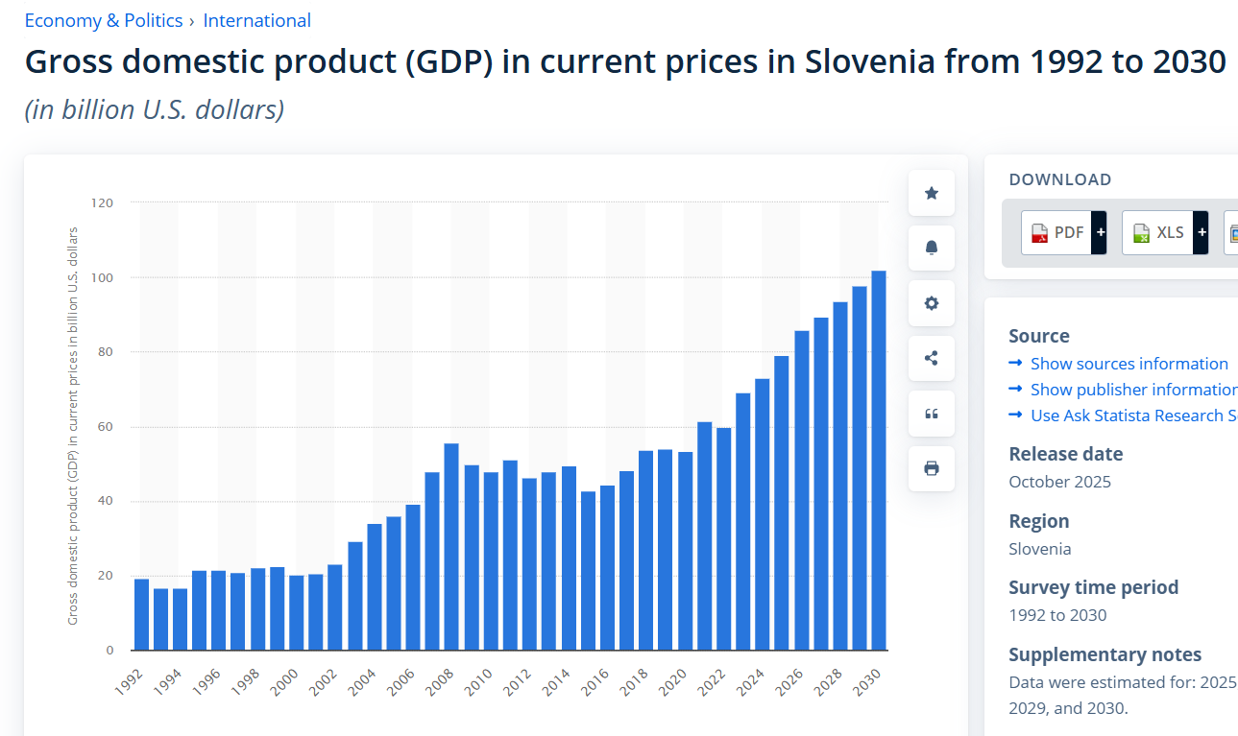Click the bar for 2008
click(x=450, y=547)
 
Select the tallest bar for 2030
click(x=878, y=461)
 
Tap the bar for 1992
click(x=141, y=614)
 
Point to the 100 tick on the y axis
click(x=103, y=277)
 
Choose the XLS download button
click(x=1158, y=232)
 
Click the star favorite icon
click(x=931, y=193)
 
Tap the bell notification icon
click(x=931, y=248)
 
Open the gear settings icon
click(x=931, y=303)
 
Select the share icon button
click(x=931, y=358)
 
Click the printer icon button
click(x=931, y=468)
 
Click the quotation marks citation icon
click(x=931, y=414)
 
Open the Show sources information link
click(x=1129, y=364)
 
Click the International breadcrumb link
click(x=256, y=20)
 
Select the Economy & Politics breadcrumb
click(x=103, y=20)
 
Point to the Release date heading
click(x=1065, y=454)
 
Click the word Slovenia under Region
click(x=1039, y=549)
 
